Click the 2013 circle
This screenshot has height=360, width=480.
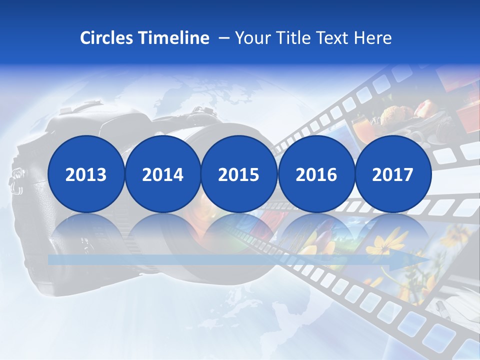[86, 174]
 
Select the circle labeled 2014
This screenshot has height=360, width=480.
[162, 174]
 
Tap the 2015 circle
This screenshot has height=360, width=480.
[239, 174]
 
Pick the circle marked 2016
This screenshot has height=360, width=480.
[316, 174]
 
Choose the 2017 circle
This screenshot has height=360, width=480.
[393, 174]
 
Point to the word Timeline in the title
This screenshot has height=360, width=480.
[174, 38]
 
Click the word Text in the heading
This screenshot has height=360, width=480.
[336, 38]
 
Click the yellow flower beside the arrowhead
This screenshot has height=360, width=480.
[387, 240]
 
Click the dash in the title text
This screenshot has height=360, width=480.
[224, 38]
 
